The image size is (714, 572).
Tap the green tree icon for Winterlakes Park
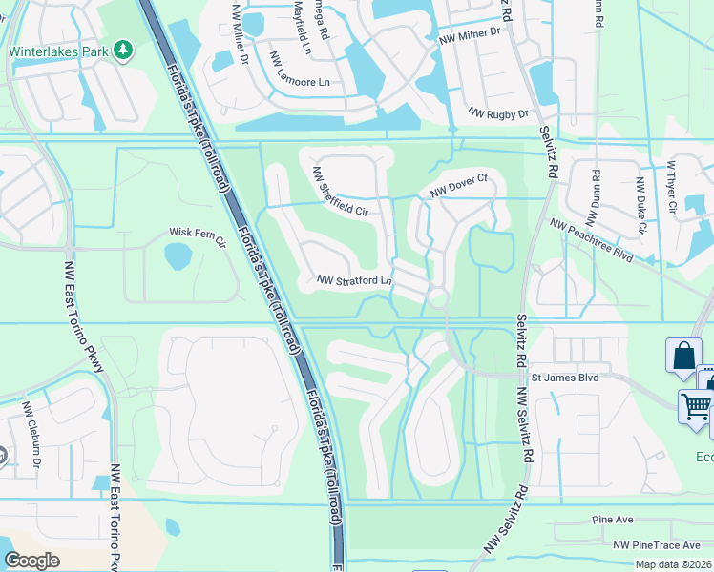[x=122, y=50]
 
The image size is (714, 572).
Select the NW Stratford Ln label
[x=355, y=281]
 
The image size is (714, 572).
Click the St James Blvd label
[x=564, y=378]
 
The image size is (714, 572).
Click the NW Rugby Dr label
[x=497, y=113]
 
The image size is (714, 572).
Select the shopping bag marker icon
[x=683, y=357]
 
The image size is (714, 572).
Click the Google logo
[x=32, y=560]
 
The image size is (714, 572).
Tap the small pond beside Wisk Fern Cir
[x=178, y=255]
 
